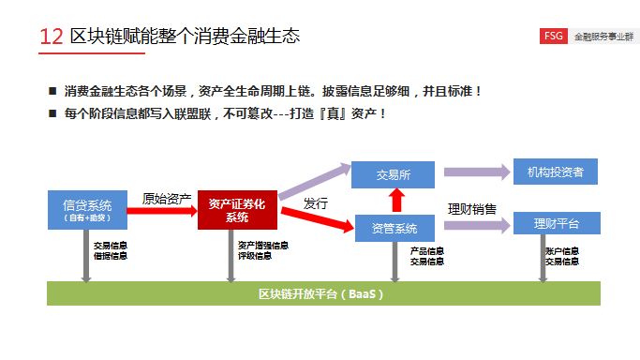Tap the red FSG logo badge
coord(553,37)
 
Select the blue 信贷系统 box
coord(87,210)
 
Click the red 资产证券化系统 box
coord(237,210)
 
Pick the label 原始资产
coord(166,198)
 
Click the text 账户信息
coord(562,250)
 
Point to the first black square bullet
coord(53,91)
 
